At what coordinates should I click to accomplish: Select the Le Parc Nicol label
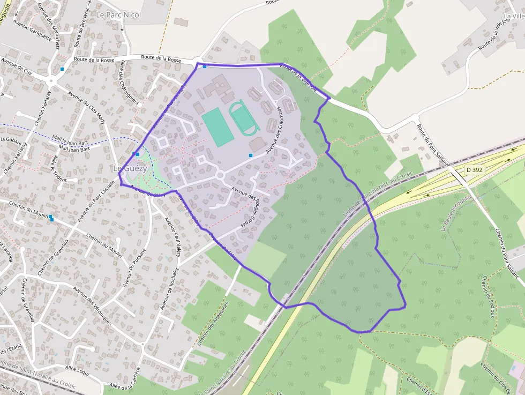pyautogui.click(x=118, y=15)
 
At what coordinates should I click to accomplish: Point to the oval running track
pyautogui.click(x=244, y=117)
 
